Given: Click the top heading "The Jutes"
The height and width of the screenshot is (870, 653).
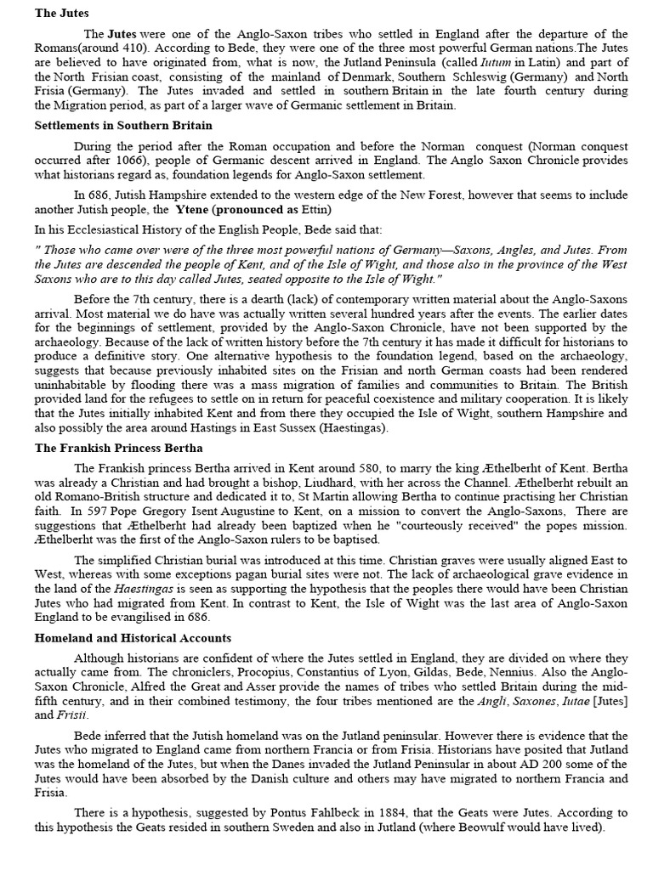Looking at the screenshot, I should pyautogui.click(x=62, y=13).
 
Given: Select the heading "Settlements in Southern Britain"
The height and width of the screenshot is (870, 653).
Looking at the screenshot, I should pyautogui.click(x=123, y=125).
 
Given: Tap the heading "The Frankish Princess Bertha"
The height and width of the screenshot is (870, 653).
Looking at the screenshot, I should pyautogui.click(x=119, y=448).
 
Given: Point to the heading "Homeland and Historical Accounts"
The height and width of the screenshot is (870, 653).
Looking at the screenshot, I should pyautogui.click(x=133, y=637).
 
